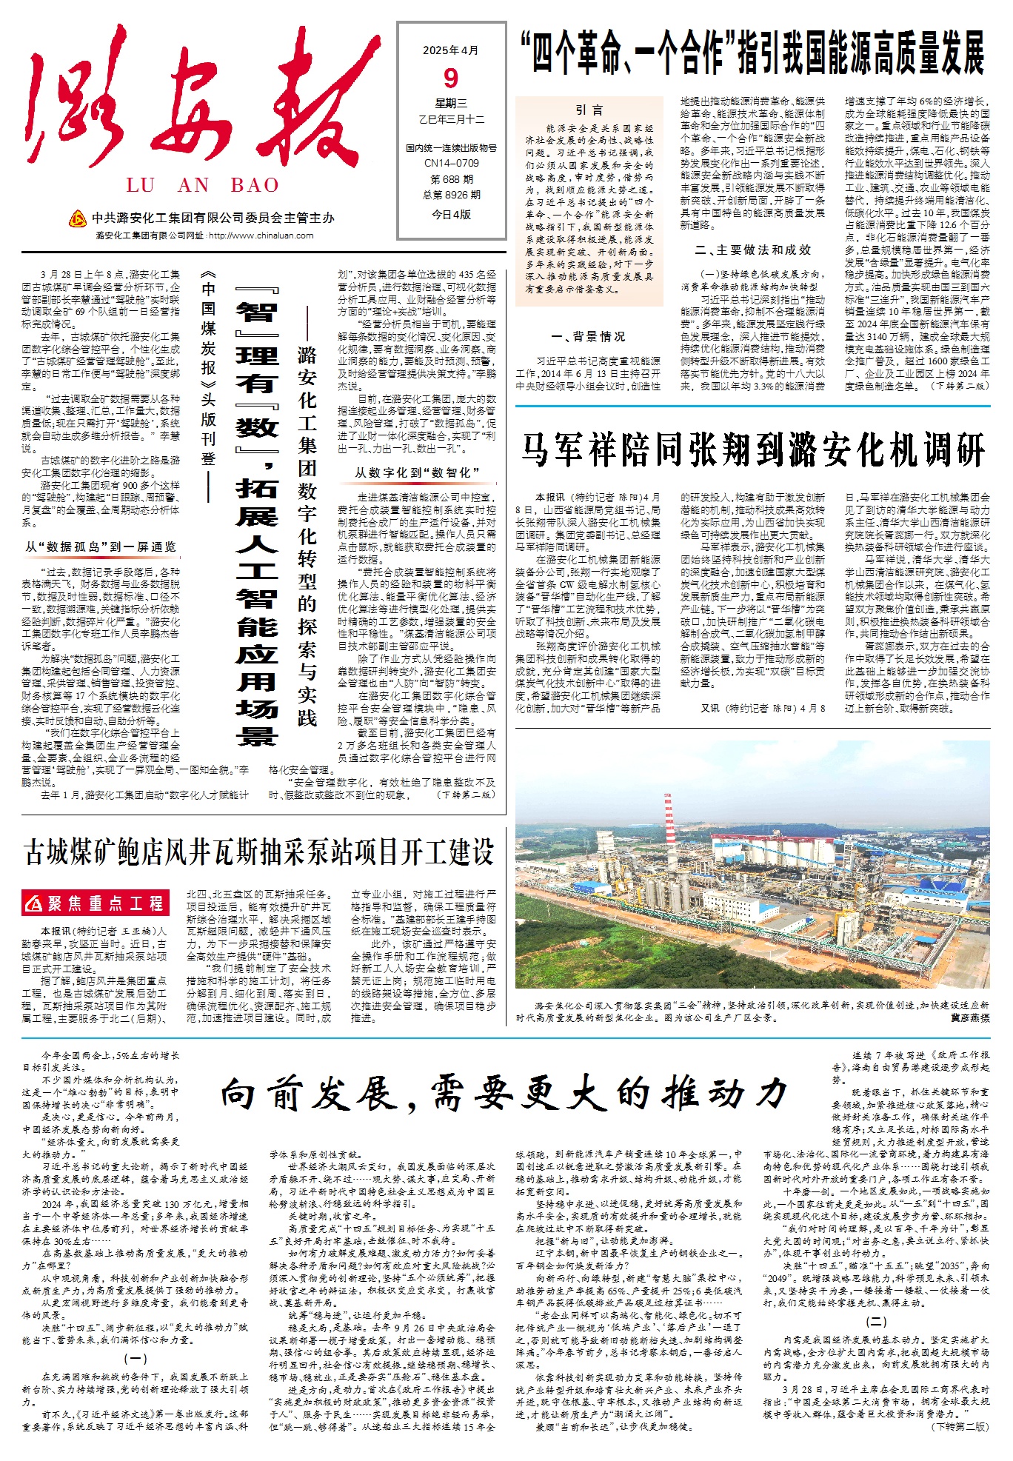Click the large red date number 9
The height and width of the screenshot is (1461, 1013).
coord(451,78)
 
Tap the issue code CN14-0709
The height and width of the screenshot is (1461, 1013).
coord(451,163)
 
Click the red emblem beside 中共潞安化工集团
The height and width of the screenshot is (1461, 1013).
coord(77,218)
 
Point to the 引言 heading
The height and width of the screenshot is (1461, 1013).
coord(589,110)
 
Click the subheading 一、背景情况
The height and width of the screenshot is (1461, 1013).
coord(588,337)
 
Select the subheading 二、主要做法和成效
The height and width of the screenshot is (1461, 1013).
coord(752,250)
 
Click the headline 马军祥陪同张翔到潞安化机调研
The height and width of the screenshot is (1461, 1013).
coord(752,449)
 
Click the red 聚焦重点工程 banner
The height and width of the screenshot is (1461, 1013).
coord(96,903)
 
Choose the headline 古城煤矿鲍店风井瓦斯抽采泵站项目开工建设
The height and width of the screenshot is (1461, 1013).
coord(259,852)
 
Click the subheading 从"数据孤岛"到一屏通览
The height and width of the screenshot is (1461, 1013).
coord(101,547)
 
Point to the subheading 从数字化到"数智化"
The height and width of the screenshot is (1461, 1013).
coord(417,472)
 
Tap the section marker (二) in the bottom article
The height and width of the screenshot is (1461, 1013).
coord(876,1321)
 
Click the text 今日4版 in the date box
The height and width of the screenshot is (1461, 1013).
coord(451,215)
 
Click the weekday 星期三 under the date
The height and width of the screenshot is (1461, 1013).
coord(451,104)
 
